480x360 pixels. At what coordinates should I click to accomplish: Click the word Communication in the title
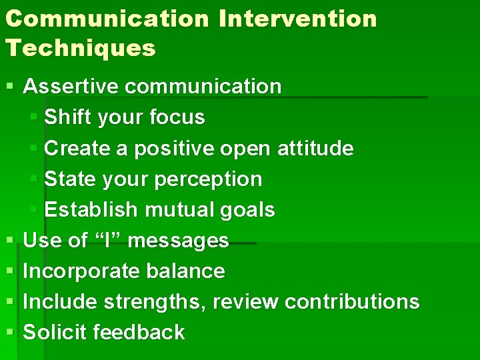106,19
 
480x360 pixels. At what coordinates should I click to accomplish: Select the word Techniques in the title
80,48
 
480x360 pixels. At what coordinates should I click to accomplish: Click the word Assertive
71,87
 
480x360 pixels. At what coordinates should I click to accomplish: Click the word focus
177,117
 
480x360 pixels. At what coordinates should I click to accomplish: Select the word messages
178,241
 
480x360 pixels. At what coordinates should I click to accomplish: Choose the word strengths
157,302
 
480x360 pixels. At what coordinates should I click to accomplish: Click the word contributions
352,302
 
